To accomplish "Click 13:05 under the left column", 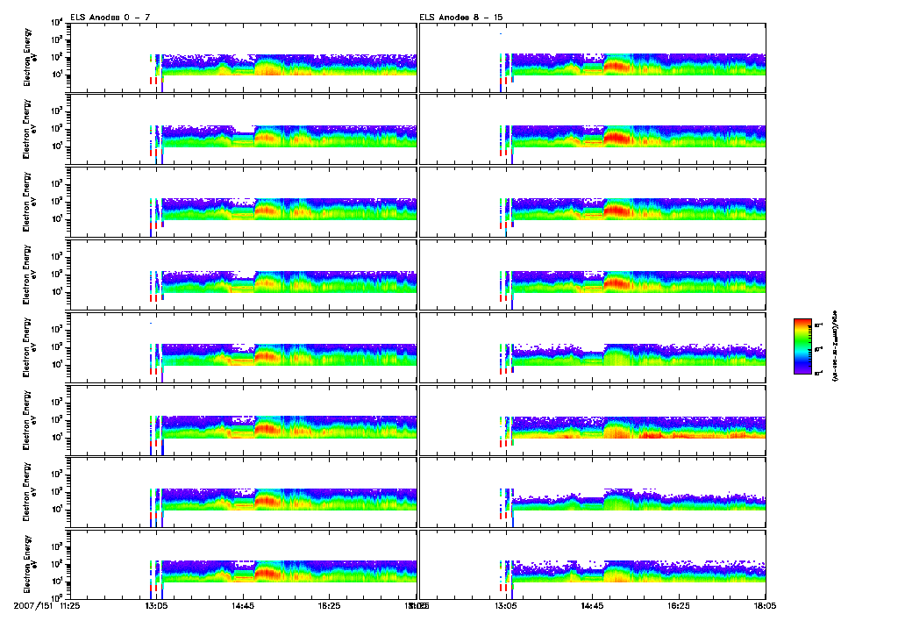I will pos(156,605).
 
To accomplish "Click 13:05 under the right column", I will pos(506,605).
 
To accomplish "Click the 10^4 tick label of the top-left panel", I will pos(55,22).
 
